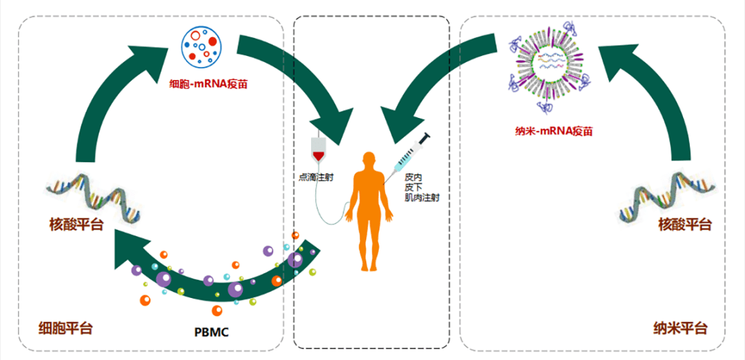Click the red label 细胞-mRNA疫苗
point(209,86)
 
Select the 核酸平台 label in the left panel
point(76,224)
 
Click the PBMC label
point(211,332)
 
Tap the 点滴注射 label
point(316,177)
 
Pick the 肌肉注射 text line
point(422,197)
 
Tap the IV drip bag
point(318,148)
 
